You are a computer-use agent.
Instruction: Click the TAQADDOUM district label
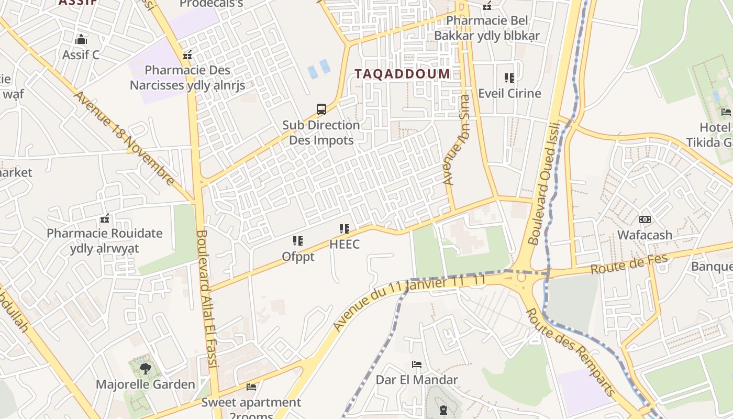click(402, 74)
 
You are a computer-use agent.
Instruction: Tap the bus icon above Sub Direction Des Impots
click(321, 109)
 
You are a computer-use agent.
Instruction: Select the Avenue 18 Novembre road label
click(124, 138)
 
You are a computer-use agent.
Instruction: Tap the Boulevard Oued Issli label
click(544, 183)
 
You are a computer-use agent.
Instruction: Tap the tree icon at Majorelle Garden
click(145, 368)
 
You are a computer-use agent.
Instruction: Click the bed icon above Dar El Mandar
click(417, 364)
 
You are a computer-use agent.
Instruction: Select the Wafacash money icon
click(645, 219)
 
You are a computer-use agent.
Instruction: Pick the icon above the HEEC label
click(344, 228)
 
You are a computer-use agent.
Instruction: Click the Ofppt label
click(298, 257)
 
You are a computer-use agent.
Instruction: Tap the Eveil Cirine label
click(509, 93)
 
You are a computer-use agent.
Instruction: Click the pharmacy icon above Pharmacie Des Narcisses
click(187, 55)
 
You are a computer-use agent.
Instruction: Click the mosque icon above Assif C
click(81, 39)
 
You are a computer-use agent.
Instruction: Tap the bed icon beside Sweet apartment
click(251, 387)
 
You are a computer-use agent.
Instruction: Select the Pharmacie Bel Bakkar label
click(487, 28)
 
